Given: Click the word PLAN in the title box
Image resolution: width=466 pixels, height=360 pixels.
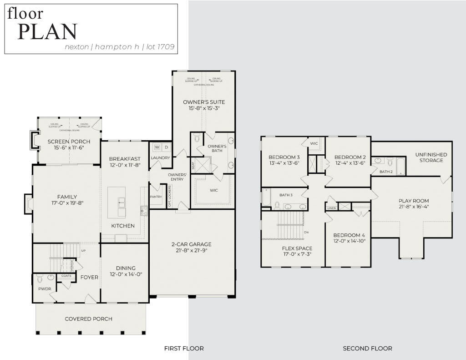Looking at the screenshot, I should pos(47,31).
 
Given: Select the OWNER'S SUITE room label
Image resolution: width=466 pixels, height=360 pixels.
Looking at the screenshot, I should pos(204,102).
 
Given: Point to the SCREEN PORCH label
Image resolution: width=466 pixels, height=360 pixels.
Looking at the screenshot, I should pos(69,142).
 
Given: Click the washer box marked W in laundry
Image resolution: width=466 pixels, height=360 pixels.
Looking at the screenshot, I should pos(157,147).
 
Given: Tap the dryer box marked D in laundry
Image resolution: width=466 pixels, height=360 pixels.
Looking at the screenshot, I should pos(167,147).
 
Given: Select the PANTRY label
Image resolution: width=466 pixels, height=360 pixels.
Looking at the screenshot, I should pos(156,197).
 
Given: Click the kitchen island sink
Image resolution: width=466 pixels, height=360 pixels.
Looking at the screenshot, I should pos(122,202).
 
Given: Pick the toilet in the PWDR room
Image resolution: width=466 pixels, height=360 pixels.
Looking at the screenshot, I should pos(40,278).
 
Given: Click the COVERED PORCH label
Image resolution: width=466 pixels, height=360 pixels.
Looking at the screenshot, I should pos(88,319).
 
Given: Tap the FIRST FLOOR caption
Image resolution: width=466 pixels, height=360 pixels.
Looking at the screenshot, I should pos(184,348).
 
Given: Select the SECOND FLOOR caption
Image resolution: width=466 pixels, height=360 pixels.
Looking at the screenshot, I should pos(367,348).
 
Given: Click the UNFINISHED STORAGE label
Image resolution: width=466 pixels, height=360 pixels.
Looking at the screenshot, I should pos(431,157).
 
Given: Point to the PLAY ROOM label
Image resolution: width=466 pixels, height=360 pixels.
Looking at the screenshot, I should pos(414,201).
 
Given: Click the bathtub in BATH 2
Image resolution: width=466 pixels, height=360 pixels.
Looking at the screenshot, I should pos(400,166).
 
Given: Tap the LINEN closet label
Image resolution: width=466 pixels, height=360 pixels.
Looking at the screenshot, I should pos(331,208).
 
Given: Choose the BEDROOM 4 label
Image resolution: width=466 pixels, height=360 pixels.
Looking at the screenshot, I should pos(349,235).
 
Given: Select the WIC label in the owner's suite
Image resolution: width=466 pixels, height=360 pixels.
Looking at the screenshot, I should pos(214,190).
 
